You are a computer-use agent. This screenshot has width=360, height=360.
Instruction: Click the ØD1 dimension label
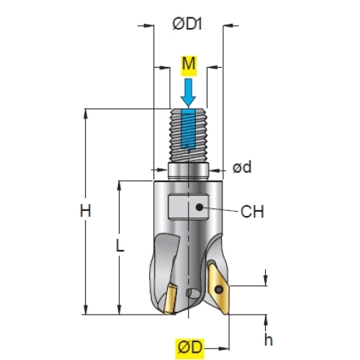click(187, 24)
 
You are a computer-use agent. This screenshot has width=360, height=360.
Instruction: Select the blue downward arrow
click(189, 92)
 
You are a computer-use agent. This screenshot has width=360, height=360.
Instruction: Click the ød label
click(242, 167)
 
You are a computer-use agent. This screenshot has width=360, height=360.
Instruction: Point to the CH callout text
click(252, 212)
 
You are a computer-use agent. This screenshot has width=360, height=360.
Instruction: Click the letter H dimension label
click(86, 211)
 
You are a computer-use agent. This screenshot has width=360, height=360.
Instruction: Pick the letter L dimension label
click(120, 246)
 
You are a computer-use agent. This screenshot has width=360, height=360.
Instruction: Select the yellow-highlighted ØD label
click(190, 348)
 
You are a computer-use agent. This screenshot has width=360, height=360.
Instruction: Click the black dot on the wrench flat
click(199, 207)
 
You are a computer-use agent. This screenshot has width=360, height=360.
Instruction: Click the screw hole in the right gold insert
click(218, 289)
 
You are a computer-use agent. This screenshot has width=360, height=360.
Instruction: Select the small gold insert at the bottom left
click(170, 299)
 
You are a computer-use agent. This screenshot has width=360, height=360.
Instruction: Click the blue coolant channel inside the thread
click(188, 130)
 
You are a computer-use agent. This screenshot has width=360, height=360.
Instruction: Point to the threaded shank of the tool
click(189, 135)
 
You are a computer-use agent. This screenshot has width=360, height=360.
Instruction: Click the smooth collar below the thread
click(189, 171)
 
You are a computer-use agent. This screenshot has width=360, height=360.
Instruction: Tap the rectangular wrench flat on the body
click(188, 207)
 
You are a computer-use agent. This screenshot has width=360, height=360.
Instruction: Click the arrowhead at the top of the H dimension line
click(86, 113)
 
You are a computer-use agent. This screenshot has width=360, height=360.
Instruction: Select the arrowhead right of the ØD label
click(224, 348)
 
